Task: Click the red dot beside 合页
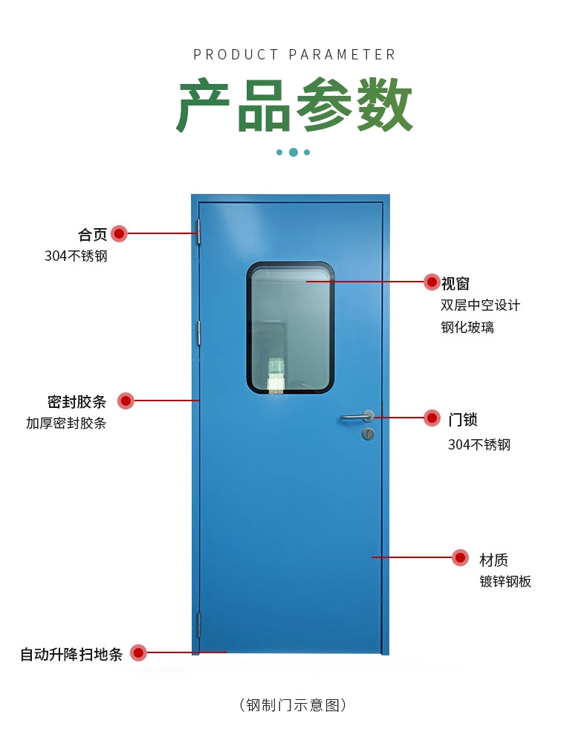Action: click(x=120, y=234)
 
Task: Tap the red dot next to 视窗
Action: click(x=432, y=282)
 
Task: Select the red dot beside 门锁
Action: click(x=432, y=418)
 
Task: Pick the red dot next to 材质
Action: click(x=460, y=558)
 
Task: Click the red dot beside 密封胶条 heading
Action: click(x=126, y=401)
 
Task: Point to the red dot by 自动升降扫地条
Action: click(x=138, y=653)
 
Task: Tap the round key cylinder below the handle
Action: click(x=367, y=433)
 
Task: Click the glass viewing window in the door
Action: click(x=290, y=327)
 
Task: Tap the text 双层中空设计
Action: click(x=480, y=305)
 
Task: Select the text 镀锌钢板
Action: click(x=505, y=582)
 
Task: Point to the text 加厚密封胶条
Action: click(x=66, y=424)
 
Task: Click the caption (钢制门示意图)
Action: click(x=293, y=704)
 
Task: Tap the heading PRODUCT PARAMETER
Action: click(x=294, y=54)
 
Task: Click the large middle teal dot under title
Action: click(x=293, y=152)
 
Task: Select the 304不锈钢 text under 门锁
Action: click(x=479, y=445)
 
